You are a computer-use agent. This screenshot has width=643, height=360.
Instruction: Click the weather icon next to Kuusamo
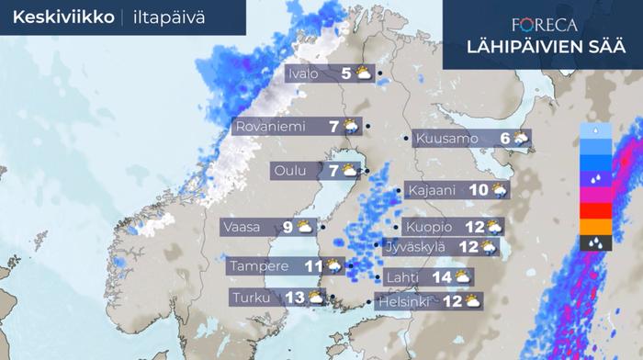(x=521, y=140)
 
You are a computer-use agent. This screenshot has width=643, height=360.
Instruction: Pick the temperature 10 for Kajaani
(x=478, y=190)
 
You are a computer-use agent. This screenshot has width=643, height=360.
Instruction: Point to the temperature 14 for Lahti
(x=441, y=276)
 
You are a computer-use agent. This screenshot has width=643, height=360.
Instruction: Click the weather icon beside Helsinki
(x=472, y=301)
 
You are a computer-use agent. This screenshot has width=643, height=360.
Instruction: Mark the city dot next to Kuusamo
(x=407, y=139)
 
